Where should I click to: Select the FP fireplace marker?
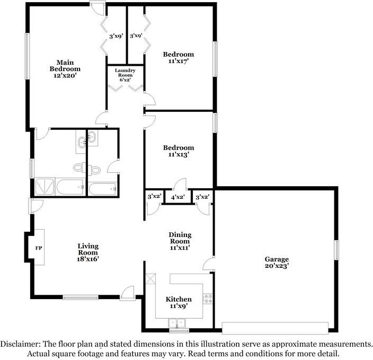(38, 248)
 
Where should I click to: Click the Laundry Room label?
(125, 75)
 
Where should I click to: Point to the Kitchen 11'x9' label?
(179, 303)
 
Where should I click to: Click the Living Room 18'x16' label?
(88, 253)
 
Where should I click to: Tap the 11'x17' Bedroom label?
(178, 58)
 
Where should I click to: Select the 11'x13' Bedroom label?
(178, 151)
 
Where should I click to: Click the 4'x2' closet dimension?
(177, 197)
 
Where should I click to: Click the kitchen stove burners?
(209, 299)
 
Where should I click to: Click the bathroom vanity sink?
(82, 141)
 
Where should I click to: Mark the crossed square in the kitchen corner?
(150, 279)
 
